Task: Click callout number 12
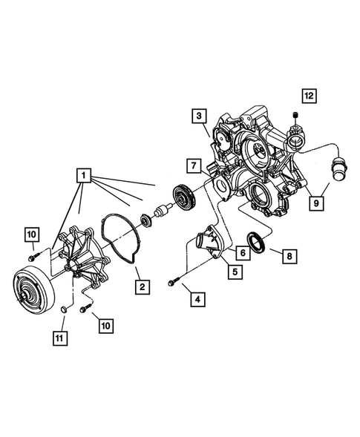pyautogui.click(x=308, y=95)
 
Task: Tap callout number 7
pyautogui.click(x=192, y=164)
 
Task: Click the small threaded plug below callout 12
pyautogui.click(x=296, y=116)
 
